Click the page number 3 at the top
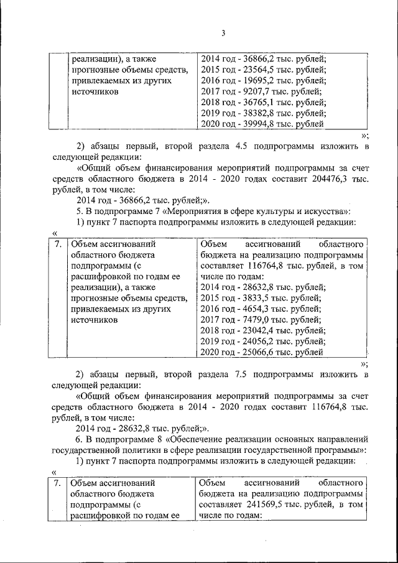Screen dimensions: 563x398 199,33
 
